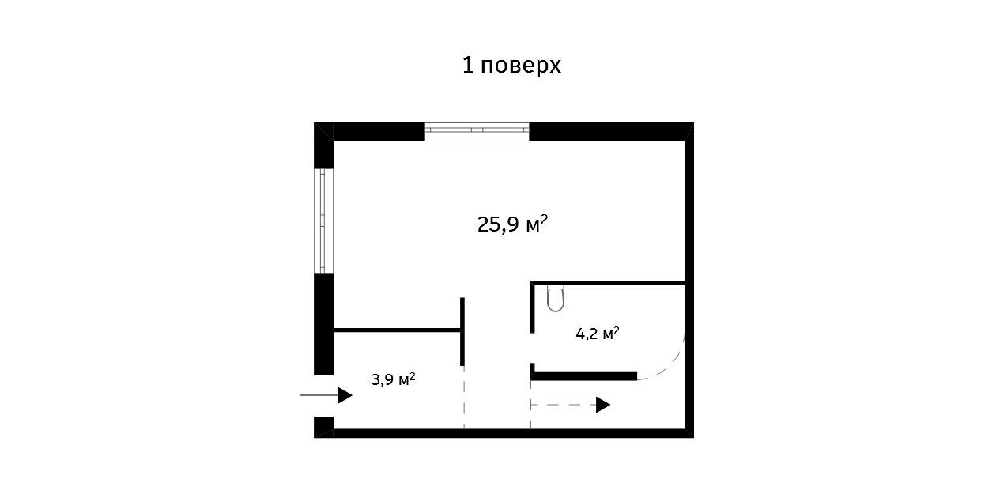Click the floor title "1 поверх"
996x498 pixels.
pyautogui.click(x=511, y=66)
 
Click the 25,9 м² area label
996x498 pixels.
pyautogui.click(x=512, y=224)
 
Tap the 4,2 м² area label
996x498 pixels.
pyautogui.click(x=597, y=334)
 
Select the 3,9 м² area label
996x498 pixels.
pyautogui.click(x=393, y=379)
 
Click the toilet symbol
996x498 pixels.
pyautogui.click(x=556, y=298)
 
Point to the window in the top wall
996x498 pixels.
pyautogui.click(x=477, y=131)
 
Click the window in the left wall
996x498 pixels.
pyautogui.click(x=324, y=221)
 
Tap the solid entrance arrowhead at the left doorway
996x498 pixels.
pyautogui.click(x=345, y=395)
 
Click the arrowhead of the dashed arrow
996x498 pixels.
pyautogui.click(x=603, y=405)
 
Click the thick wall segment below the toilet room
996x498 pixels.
pyautogui.click(x=583, y=376)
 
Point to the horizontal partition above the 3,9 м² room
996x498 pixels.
pyautogui.click(x=397, y=330)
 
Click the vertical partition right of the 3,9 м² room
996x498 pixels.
pyautogui.click(x=462, y=332)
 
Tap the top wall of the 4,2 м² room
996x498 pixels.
pyautogui.click(x=607, y=282)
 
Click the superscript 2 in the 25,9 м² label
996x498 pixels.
pyautogui.click(x=545, y=219)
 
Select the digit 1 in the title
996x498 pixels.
pyautogui.click(x=468, y=66)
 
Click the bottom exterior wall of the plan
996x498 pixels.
pyautogui.click(x=504, y=433)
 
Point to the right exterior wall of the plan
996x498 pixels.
pyautogui.click(x=689, y=280)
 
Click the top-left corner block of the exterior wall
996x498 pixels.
pyautogui.click(x=324, y=131)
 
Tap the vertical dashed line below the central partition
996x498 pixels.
pyautogui.click(x=464, y=398)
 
